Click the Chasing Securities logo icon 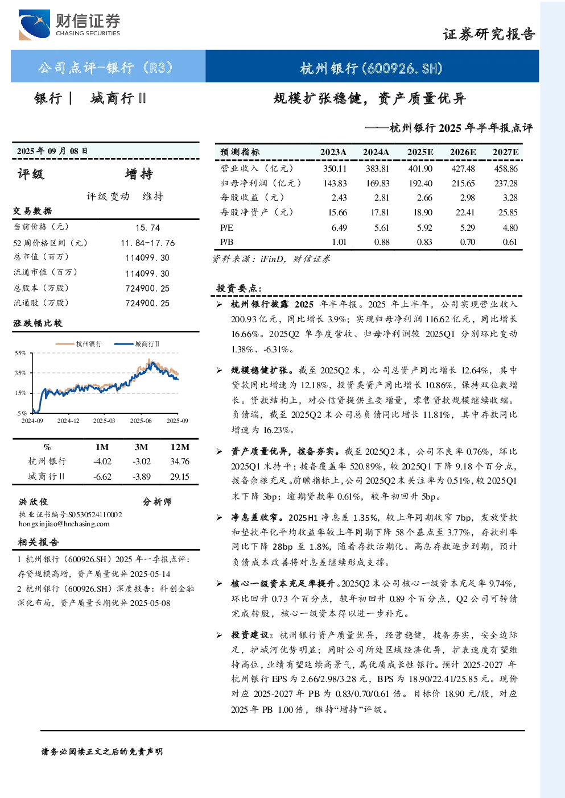coord(34,25)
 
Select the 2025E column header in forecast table coord(420,152)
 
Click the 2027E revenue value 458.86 coord(506,168)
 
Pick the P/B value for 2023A coord(339,242)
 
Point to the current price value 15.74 coord(148,228)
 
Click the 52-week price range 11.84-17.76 coord(148,243)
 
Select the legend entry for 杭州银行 coord(79,344)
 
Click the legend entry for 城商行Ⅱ coord(137,344)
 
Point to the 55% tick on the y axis coord(20,353)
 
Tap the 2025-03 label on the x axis coord(104,421)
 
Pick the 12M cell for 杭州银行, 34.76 coord(180,462)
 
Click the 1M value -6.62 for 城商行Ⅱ coord(102,477)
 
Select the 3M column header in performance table coord(141,447)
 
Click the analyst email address coord(64,524)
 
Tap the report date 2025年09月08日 coord(52,151)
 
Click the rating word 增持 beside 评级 coord(139,174)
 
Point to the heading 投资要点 coord(240,288)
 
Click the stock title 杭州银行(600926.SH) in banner coord(371,68)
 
